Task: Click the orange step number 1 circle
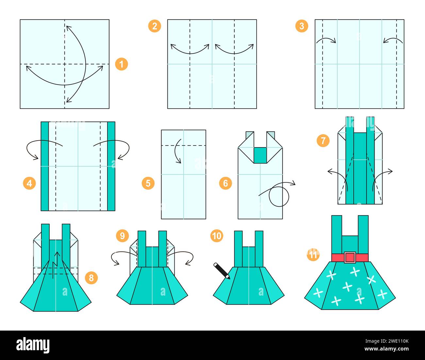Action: coord(121,64)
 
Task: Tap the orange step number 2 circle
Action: coord(155,26)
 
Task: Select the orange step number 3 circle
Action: coord(301,26)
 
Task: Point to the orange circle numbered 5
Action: coord(148,183)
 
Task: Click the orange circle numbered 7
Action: coord(323,141)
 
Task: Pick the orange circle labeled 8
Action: coord(91,278)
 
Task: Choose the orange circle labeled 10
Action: coord(217,236)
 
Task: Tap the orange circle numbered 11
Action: coord(313,255)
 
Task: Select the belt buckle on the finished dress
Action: coord(350,257)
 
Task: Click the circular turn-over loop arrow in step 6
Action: coord(279,197)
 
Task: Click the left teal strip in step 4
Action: coord(45,166)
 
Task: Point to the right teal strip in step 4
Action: coord(111,166)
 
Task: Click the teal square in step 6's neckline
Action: coord(260,155)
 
